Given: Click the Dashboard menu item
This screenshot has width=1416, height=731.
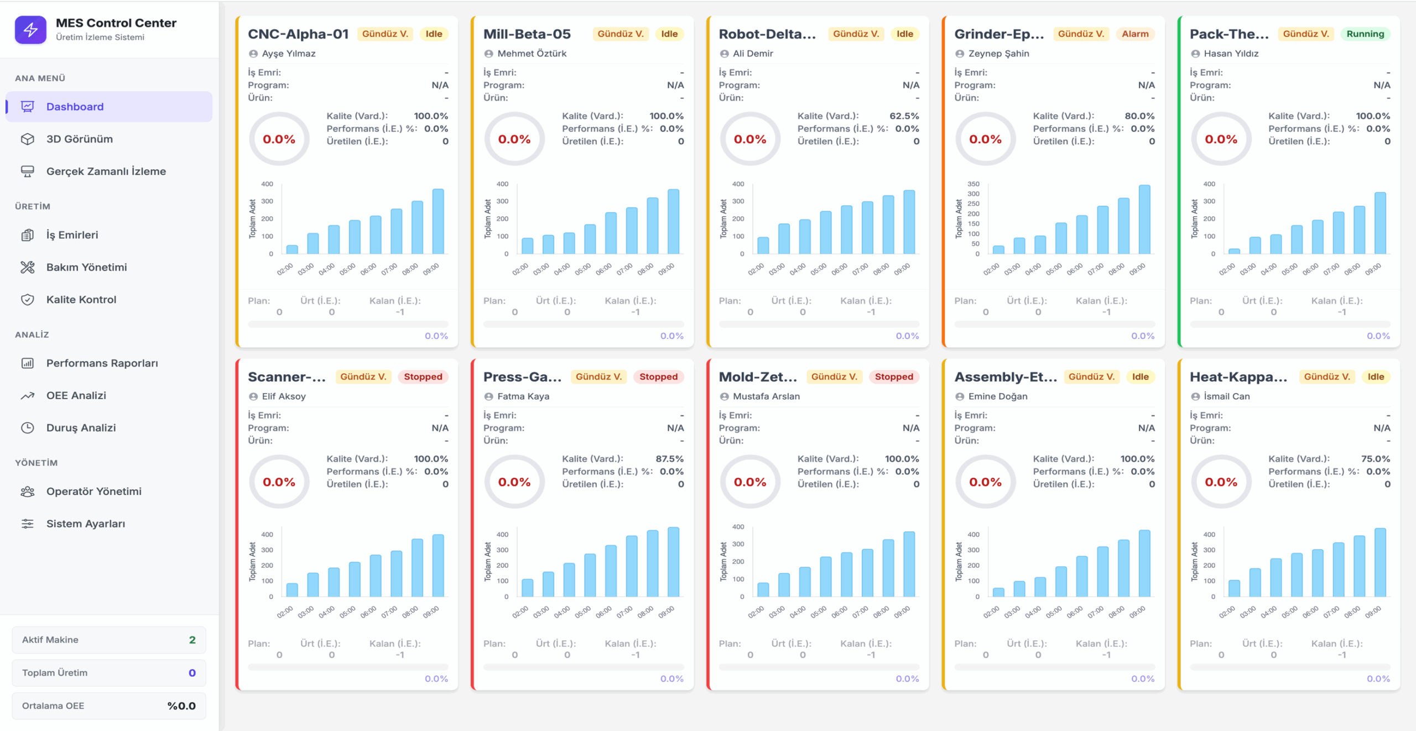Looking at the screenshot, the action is click(x=109, y=107).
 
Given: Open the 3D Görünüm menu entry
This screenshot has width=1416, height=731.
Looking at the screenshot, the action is click(x=79, y=139).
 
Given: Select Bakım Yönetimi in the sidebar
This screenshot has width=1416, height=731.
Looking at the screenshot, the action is click(x=86, y=268).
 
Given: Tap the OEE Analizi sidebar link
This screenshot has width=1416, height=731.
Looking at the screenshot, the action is click(x=76, y=396).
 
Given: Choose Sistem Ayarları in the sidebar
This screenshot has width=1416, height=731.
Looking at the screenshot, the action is click(x=85, y=524).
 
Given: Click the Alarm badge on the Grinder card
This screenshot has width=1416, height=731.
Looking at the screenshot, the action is click(x=1135, y=34).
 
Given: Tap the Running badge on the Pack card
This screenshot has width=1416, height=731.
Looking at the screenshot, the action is click(x=1365, y=34).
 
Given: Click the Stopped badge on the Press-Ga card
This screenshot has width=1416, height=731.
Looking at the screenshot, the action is click(x=658, y=377).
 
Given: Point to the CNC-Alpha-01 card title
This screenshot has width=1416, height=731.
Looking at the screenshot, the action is click(x=298, y=34).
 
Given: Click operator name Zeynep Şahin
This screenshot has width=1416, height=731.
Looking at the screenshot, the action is click(x=998, y=54).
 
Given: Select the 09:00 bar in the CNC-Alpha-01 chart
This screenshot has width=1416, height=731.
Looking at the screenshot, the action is click(x=438, y=221).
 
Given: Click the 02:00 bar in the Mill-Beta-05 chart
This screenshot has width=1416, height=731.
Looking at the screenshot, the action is click(x=528, y=246).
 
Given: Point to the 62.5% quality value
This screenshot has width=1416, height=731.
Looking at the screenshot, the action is click(x=904, y=116).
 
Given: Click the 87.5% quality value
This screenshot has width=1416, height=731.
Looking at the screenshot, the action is click(x=669, y=459).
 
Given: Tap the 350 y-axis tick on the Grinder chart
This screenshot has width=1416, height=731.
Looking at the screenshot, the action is click(x=973, y=184).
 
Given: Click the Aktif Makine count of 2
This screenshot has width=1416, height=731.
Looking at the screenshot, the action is click(x=192, y=640).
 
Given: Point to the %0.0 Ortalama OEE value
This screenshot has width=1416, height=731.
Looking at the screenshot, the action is click(x=181, y=706).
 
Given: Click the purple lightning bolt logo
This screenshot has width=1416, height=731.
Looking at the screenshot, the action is click(x=30, y=30).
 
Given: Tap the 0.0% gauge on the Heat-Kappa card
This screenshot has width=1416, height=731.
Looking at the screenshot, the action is click(x=1221, y=482).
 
